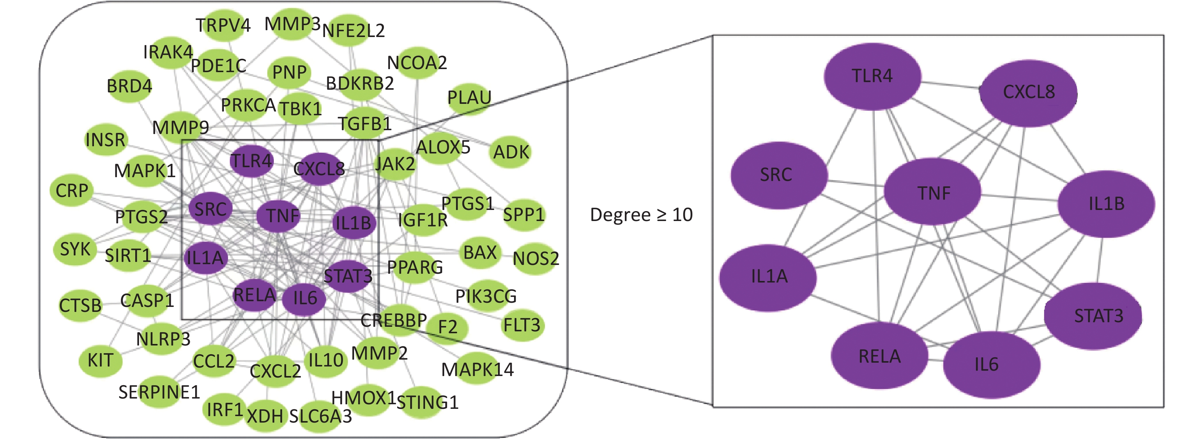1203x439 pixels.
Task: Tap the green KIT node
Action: click(x=100, y=360)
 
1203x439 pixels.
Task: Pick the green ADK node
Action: click(x=511, y=152)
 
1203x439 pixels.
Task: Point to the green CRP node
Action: click(x=71, y=190)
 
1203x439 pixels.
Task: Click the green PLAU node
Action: click(x=469, y=98)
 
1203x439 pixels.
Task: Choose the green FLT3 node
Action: click(x=522, y=325)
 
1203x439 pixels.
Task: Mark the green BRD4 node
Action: click(x=129, y=86)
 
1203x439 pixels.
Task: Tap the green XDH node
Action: click(x=265, y=415)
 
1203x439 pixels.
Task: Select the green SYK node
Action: click(x=75, y=249)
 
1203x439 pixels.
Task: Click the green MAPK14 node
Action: click(x=477, y=370)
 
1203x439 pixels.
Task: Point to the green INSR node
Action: click(x=105, y=140)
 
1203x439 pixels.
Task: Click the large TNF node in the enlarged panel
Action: click(x=933, y=192)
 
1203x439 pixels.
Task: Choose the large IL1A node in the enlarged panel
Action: click(x=768, y=277)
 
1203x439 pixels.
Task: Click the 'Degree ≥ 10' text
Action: click(x=641, y=215)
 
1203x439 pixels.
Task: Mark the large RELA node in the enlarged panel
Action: click(x=880, y=356)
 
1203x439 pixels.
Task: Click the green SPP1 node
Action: click(x=524, y=215)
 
